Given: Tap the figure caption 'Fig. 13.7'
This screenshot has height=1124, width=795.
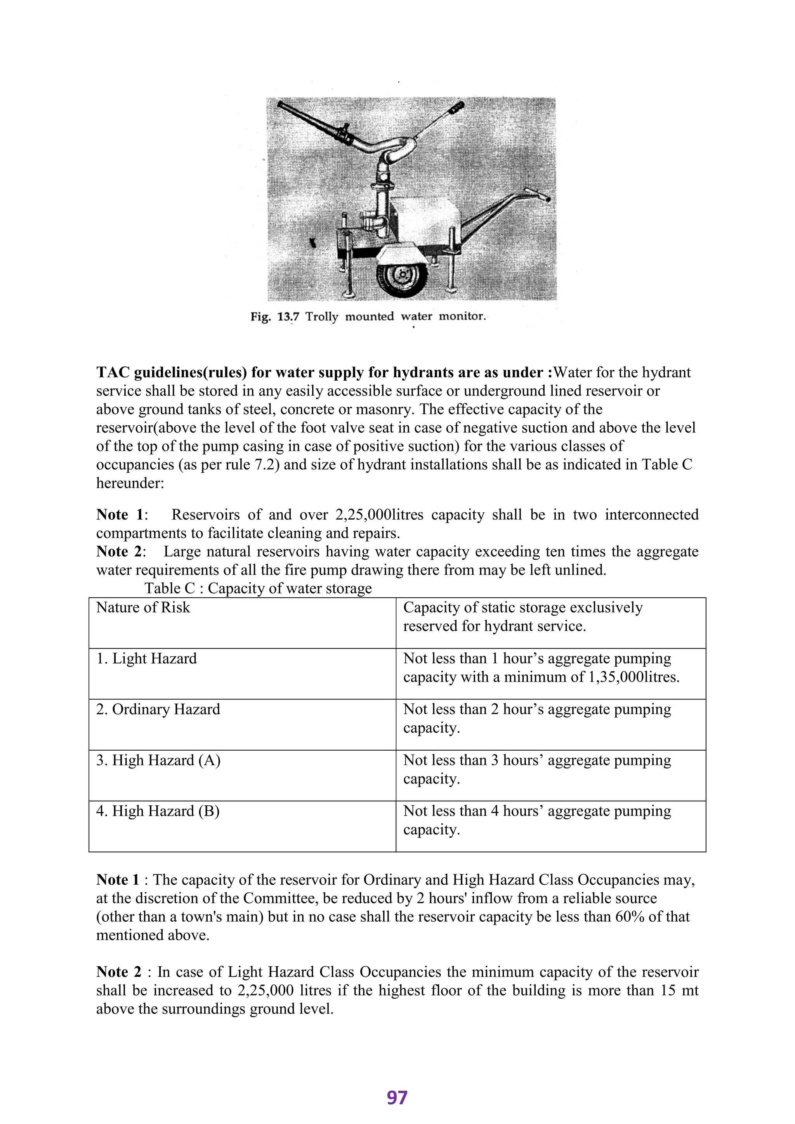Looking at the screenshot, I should click(274, 317).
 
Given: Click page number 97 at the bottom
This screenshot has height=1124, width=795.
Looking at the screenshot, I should click(397, 1098).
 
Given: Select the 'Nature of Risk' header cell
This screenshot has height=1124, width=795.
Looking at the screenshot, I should click(143, 607).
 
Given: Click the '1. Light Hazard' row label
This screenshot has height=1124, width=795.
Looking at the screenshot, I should click(146, 658).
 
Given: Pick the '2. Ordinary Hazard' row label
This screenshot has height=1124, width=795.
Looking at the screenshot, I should click(158, 709).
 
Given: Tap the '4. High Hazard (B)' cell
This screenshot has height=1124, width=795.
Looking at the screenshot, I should click(158, 811).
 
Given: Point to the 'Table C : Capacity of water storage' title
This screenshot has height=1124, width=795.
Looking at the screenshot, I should click(258, 588).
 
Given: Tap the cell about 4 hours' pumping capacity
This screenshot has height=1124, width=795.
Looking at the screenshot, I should click(536, 820).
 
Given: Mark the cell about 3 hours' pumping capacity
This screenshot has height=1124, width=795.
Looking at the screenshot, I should click(536, 769).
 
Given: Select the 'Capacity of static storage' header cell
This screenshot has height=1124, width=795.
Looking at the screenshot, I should click(522, 616).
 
